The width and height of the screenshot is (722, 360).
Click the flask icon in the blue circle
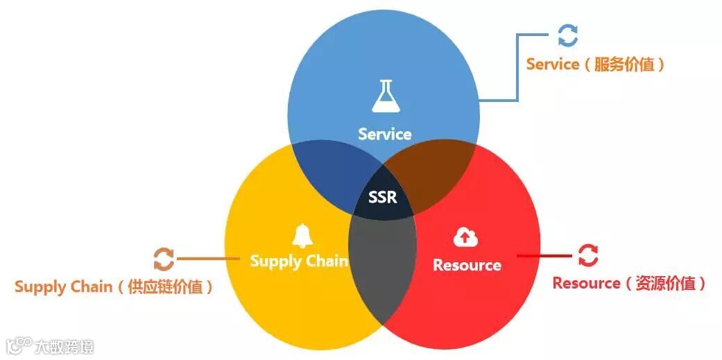(384, 96)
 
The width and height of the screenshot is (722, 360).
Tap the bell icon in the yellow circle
(302, 236)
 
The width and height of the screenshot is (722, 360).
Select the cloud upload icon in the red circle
(465, 238)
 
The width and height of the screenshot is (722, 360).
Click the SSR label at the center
(383, 198)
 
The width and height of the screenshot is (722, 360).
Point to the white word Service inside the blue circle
(384, 134)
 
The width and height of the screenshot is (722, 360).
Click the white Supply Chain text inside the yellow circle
(298, 261)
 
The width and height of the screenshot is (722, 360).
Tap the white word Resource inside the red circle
(467, 265)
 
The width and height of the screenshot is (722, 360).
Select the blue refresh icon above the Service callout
(567, 36)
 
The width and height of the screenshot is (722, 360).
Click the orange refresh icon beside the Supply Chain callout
(164, 259)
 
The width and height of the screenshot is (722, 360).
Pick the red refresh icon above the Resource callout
(587, 255)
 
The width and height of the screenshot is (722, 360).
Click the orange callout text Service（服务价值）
(596, 65)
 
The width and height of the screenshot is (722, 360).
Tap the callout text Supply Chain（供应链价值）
(114, 286)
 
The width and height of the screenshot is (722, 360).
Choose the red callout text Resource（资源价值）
(629, 283)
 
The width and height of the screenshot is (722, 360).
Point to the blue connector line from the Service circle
(518, 69)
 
